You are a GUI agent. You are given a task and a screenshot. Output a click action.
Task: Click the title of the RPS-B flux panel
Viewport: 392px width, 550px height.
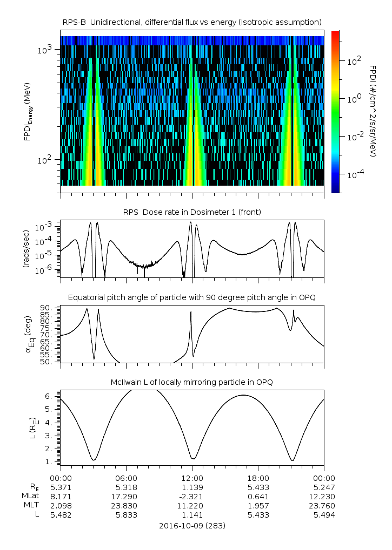pos(192,22)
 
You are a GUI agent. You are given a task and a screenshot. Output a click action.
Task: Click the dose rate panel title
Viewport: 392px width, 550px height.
pos(192,212)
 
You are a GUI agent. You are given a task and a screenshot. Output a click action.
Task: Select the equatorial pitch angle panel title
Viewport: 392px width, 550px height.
pos(192,297)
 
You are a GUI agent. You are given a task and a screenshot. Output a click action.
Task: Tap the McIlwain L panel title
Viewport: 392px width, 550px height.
pos(192,382)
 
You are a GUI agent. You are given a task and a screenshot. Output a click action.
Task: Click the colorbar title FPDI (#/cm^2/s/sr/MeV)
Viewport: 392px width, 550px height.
pos(374,111)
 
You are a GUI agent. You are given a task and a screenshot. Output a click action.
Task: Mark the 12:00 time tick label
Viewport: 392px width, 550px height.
pos(192,478)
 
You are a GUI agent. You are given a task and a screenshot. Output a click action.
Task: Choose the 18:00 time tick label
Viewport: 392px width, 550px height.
pos(258,478)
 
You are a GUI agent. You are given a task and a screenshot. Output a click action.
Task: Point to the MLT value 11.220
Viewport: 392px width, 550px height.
pos(192,506)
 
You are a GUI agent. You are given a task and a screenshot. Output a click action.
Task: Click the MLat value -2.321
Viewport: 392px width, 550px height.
pos(192,496)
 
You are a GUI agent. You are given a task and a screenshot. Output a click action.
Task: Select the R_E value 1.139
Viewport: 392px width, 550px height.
pos(192,487)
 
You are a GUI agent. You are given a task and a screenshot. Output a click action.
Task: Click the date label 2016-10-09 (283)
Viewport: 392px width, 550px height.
pos(192,525)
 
